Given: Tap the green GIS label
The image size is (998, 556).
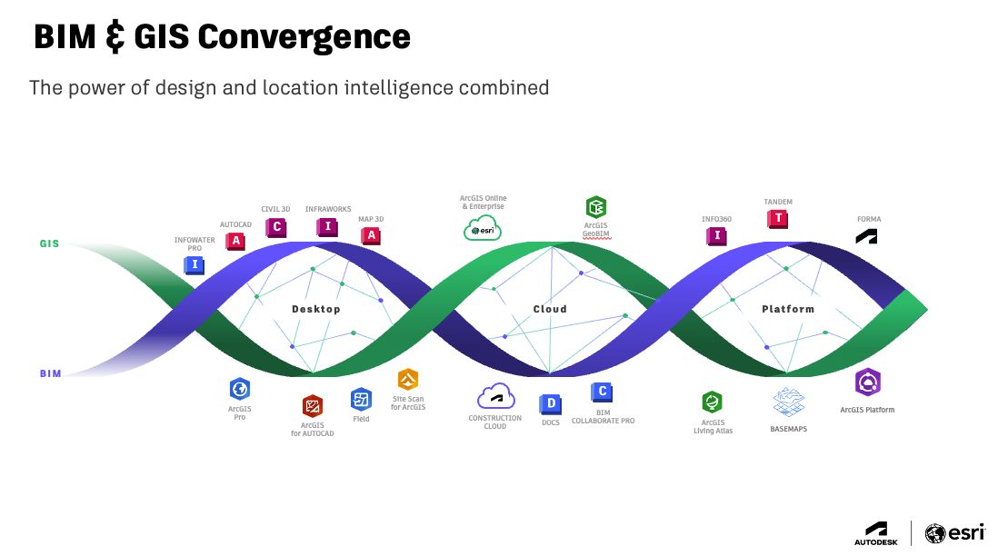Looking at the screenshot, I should [x=49, y=244].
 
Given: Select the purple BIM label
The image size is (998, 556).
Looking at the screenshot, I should [x=50, y=373].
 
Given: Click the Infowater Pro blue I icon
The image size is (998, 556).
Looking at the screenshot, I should [x=194, y=265].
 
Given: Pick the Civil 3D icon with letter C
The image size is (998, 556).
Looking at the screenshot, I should [x=275, y=227].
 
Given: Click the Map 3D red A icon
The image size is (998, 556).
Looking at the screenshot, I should [x=371, y=236].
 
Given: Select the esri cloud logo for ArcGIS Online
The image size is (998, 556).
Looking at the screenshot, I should [x=483, y=228].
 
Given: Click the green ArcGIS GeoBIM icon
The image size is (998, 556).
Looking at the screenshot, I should [x=596, y=206].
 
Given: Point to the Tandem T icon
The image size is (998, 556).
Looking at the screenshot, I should [x=778, y=218].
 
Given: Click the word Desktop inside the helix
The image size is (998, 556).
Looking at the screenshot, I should [x=315, y=310].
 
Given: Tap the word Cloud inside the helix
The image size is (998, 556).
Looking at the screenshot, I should [x=550, y=310].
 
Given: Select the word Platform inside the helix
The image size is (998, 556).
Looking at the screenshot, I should [x=788, y=310].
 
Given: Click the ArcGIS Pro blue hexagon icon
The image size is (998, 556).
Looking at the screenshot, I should [x=240, y=389].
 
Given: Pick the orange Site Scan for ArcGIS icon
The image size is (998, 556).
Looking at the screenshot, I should [x=408, y=380].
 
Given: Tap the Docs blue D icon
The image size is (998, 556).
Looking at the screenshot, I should [x=550, y=402].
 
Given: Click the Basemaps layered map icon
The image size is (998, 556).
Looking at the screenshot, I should [x=788, y=402].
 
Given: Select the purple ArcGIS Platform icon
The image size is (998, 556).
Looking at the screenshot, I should [x=868, y=383].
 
